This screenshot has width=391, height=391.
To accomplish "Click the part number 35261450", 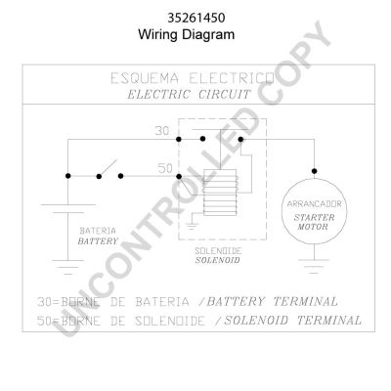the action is [196, 18].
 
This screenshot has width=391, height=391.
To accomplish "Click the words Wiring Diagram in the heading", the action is [187, 34].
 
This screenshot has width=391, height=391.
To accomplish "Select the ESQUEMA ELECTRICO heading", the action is [193, 78].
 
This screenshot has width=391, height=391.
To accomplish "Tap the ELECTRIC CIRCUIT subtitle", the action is [189, 95].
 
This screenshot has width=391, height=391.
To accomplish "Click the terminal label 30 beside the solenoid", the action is [162, 131].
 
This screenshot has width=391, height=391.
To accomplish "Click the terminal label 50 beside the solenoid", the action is [165, 168].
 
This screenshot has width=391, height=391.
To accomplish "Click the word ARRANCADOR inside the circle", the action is [314, 204].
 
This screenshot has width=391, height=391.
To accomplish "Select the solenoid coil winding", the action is [220, 193].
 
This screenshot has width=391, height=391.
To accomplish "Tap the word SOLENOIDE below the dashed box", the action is [218, 251].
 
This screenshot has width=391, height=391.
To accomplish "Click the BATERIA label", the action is [98, 231].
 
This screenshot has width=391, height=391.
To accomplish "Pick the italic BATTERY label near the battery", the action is [98, 241].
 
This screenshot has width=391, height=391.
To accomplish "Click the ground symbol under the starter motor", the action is [314, 266].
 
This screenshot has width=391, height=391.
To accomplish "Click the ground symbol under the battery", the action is [67, 267].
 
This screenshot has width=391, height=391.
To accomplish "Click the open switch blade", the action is [109, 168].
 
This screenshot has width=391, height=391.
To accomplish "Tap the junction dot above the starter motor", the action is [314, 171].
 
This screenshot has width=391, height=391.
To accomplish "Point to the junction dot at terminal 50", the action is [179, 176].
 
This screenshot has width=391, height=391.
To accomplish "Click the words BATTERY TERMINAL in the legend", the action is [273, 302].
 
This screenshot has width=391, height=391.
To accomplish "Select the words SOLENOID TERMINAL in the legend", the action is [293, 321].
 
